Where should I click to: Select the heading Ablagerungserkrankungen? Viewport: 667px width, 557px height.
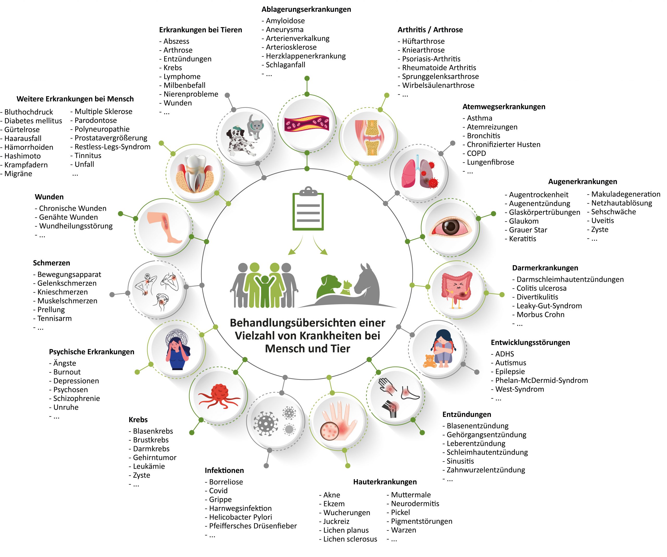tap(306, 10)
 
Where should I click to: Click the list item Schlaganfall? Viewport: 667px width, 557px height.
tap(285, 65)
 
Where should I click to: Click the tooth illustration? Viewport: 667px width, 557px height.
tap(195, 173)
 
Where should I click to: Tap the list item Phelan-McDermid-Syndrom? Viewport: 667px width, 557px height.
tap(541, 380)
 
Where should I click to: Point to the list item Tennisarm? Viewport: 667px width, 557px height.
tap(54, 318)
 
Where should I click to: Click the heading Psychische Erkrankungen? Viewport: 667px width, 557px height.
tap(91, 352)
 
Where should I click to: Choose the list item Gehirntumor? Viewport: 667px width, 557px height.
tap(154, 457)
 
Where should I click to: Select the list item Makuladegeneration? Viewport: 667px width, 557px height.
tap(625, 194)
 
